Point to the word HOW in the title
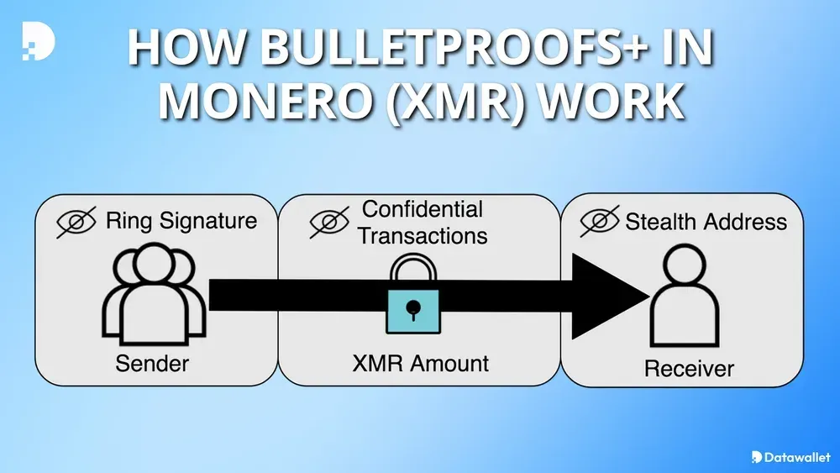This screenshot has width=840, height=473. click(x=184, y=50)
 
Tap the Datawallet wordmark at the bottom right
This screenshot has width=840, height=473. click(x=794, y=457)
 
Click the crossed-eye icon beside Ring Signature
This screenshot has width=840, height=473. click(x=76, y=223)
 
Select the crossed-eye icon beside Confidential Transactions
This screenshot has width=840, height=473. click(x=329, y=222)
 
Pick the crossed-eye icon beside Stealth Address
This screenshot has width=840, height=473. click(x=600, y=223)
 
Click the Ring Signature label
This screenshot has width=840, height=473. click(x=181, y=222)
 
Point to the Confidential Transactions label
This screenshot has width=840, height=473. click(x=423, y=222)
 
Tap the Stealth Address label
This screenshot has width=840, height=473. click(x=706, y=222)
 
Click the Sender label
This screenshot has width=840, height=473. click(x=152, y=364)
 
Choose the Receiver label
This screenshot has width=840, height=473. click(x=689, y=368)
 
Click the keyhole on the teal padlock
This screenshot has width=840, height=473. click(x=412, y=310)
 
